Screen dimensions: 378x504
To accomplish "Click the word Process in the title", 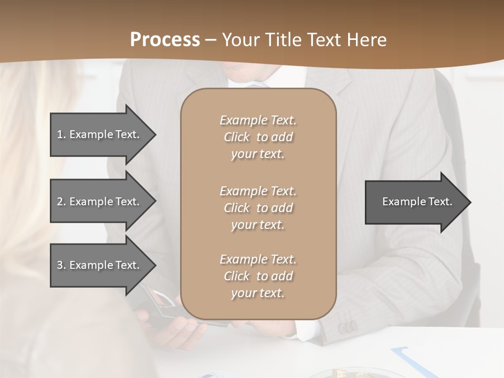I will (x=165, y=40).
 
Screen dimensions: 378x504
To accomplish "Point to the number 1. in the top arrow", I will (x=61, y=134).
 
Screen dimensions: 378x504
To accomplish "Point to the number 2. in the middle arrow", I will (x=61, y=202).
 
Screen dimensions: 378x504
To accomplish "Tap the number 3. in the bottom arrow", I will (x=61, y=265).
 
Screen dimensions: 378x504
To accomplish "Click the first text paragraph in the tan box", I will (x=258, y=137).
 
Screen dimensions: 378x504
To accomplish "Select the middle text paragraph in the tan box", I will (x=258, y=208).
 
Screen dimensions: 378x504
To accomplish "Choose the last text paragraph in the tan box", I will (x=258, y=276).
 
